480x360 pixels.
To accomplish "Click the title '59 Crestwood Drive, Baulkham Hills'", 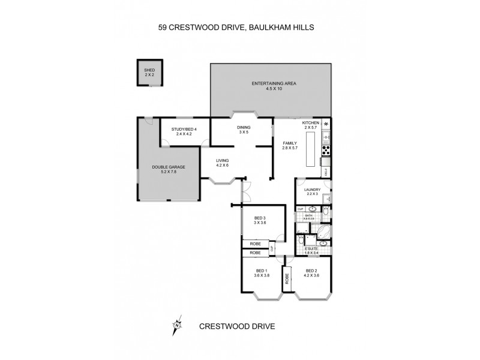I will (x=240, y=27).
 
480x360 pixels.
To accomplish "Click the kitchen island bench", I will (x=310, y=150).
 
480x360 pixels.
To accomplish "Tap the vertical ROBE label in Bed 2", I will (x=287, y=278).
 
